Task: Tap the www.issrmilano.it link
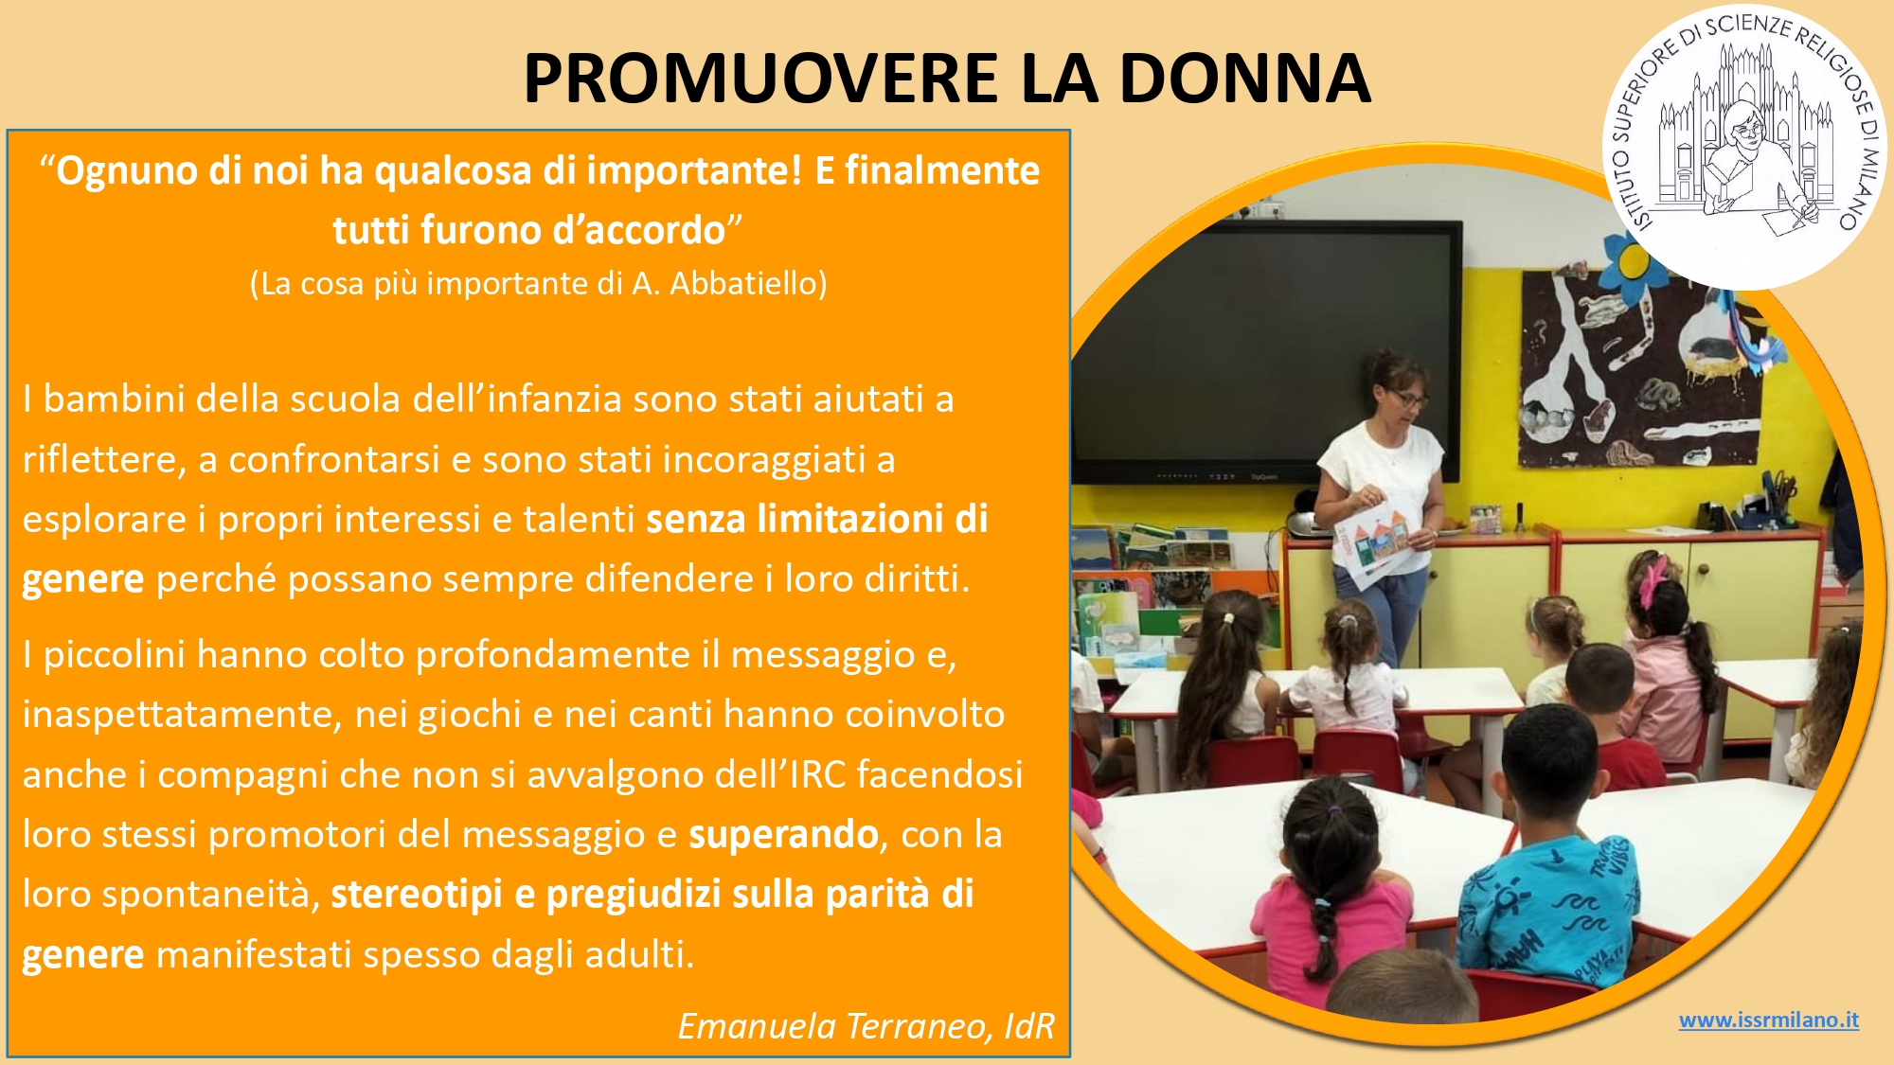tap(1768, 1021)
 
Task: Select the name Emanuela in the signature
tap(757, 1026)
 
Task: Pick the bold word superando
tap(783, 835)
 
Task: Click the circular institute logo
tap(1743, 148)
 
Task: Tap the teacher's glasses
tap(1408, 399)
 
